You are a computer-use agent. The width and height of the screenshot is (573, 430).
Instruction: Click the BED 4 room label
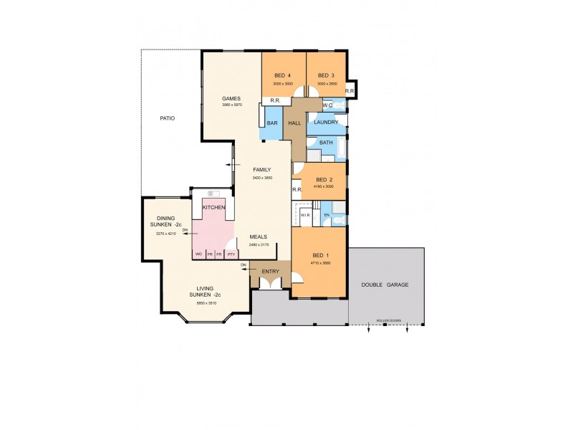tap(282, 75)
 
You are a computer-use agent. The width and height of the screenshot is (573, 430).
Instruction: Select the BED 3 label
tap(326, 75)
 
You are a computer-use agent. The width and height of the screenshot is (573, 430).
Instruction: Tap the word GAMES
tap(231, 98)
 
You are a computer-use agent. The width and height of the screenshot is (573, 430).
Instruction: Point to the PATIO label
tap(167, 118)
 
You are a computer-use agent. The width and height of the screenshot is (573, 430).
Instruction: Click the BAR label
tap(272, 123)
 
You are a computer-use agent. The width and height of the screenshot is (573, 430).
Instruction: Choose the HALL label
tap(294, 123)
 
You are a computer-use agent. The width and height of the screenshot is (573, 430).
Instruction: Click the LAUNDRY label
tap(326, 123)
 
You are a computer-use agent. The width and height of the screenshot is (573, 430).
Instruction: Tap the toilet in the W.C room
tap(339, 105)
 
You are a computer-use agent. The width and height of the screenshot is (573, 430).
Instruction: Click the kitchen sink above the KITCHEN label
tap(213, 193)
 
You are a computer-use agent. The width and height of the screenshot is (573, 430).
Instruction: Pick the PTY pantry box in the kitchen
tap(231, 254)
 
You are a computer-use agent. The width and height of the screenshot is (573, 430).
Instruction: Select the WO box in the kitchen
tap(198, 254)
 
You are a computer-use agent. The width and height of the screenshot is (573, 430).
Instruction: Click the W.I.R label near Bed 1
tap(304, 215)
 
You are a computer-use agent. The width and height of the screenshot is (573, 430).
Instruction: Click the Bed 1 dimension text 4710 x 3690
tap(320, 264)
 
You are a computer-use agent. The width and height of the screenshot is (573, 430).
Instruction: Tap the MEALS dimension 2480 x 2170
tap(258, 245)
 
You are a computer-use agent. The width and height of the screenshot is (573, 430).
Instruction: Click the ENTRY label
tap(270, 272)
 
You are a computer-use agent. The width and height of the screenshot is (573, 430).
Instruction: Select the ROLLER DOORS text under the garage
tap(387, 320)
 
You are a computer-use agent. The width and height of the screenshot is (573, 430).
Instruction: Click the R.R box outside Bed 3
tap(350, 91)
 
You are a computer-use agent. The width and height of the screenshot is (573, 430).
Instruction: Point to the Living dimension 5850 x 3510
tap(206, 303)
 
